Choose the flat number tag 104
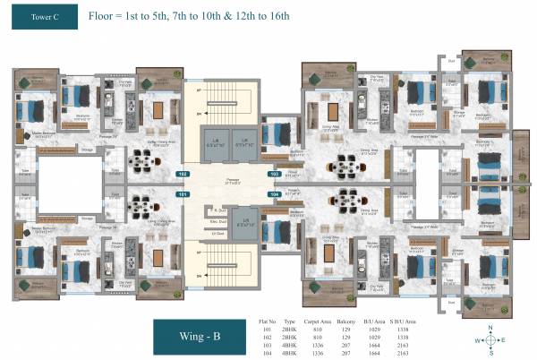coord(276,193)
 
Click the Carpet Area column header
coord(318,318)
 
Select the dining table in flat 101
coord(142,204)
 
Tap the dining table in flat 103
coord(346,166)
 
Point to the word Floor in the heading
coord(105,16)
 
